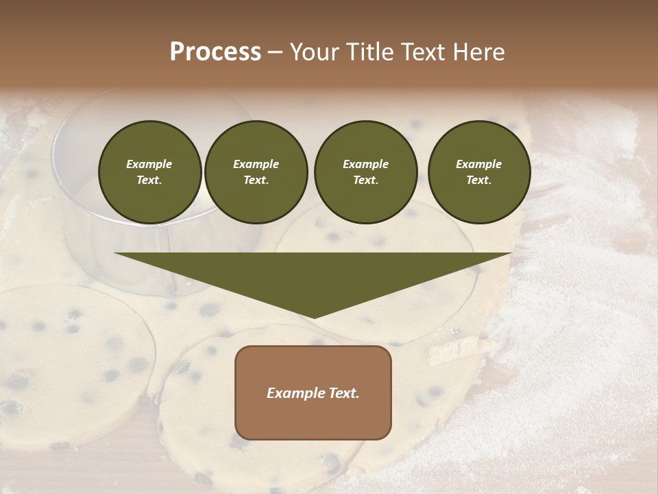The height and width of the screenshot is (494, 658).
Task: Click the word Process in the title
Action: click(215, 52)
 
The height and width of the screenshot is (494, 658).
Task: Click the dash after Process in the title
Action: click(275, 53)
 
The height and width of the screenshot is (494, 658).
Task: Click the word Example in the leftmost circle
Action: click(149, 164)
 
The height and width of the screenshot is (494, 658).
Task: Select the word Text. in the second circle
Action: click(256, 180)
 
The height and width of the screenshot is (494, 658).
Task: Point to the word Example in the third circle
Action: click(365, 164)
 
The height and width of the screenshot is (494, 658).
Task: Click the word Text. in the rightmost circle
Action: click(479, 180)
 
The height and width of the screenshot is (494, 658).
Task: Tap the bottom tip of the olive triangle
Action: click(313, 316)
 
